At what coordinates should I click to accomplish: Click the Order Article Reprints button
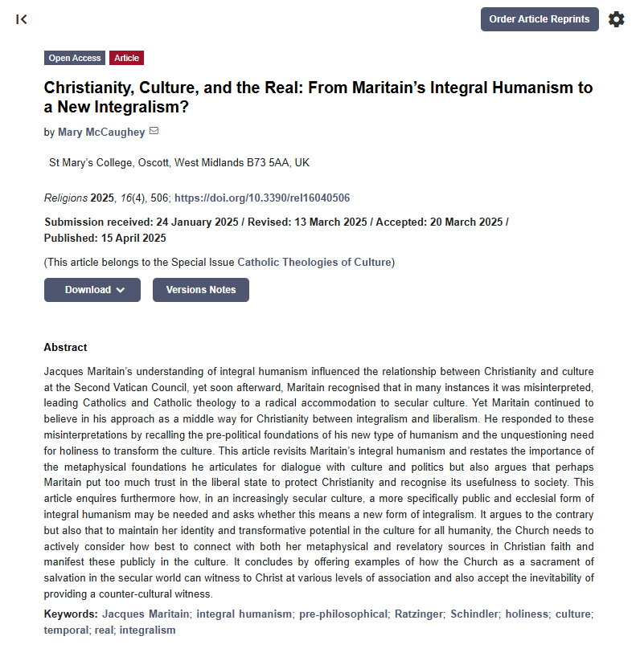pyautogui.click(x=539, y=19)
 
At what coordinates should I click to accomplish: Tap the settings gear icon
pyautogui.click(x=616, y=19)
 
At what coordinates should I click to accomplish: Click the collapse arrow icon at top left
pyautogui.click(x=22, y=19)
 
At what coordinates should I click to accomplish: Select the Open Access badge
pyautogui.click(x=75, y=58)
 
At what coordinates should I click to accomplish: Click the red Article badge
pyautogui.click(x=126, y=58)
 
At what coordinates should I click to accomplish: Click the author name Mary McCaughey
pyautogui.click(x=101, y=133)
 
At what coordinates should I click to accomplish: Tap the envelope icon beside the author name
pyautogui.click(x=154, y=132)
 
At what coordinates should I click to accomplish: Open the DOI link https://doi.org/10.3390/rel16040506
pyautogui.click(x=262, y=198)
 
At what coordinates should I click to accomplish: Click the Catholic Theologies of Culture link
pyautogui.click(x=314, y=262)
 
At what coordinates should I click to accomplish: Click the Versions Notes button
pyautogui.click(x=201, y=290)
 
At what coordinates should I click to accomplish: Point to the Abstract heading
pyautogui.click(x=66, y=348)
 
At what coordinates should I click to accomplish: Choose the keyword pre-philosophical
pyautogui.click(x=343, y=614)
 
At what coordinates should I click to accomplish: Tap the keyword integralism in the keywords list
pyautogui.click(x=148, y=630)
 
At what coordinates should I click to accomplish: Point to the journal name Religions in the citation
pyautogui.click(x=66, y=198)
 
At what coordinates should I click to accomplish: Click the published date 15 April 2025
pyautogui.click(x=132, y=238)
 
